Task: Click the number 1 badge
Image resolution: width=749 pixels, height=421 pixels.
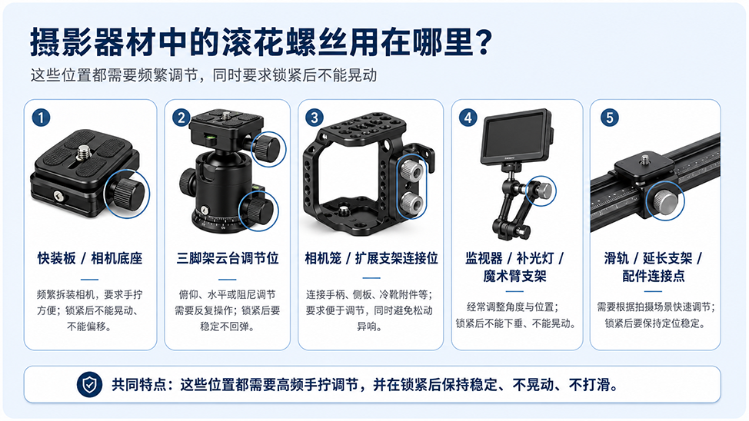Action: (41, 118)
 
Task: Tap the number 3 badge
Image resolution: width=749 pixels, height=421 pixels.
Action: (315, 118)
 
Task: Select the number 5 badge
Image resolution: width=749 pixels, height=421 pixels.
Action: (610, 118)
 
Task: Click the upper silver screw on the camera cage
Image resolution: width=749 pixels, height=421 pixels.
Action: (411, 170)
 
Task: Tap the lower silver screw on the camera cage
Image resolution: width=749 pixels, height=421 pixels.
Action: (411, 203)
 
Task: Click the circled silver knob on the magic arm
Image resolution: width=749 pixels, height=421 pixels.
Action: (541, 191)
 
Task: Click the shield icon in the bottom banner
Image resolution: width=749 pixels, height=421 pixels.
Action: (90, 384)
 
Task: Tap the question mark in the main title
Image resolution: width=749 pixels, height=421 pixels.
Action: (484, 42)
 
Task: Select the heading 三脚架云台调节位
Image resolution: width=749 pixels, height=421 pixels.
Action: (228, 258)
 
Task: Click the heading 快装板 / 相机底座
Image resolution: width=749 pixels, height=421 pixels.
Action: (90, 258)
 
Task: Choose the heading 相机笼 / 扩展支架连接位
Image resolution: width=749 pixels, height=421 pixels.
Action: (371, 258)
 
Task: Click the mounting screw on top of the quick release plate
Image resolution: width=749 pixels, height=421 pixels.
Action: (85, 151)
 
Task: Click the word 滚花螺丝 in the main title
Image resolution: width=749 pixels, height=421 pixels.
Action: (285, 42)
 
